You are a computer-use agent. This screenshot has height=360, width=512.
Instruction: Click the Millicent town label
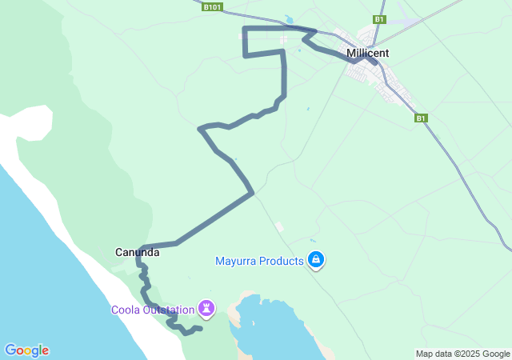click(x=368, y=53)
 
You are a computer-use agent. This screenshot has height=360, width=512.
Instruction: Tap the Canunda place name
click(x=136, y=252)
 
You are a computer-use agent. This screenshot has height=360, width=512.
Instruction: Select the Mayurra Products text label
click(x=260, y=261)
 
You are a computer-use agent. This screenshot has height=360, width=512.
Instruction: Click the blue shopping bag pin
click(x=317, y=259)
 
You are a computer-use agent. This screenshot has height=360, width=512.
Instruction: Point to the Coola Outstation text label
click(x=153, y=310)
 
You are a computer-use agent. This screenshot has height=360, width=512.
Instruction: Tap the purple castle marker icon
click(x=207, y=307)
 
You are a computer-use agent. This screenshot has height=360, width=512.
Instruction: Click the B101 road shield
click(x=212, y=6)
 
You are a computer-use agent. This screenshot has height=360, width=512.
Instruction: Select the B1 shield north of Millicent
click(x=379, y=19)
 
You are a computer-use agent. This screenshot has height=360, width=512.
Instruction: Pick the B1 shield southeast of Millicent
click(x=421, y=118)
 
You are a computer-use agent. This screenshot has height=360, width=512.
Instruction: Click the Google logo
click(x=26, y=350)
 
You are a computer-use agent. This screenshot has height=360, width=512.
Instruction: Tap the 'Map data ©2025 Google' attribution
click(x=462, y=354)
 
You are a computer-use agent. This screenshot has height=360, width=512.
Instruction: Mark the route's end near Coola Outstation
click(x=200, y=328)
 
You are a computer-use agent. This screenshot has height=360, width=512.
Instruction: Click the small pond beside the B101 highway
click(x=288, y=19)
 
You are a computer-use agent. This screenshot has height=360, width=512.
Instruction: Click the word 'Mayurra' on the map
click(x=235, y=261)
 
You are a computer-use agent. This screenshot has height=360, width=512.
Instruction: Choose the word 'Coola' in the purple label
click(x=126, y=310)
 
